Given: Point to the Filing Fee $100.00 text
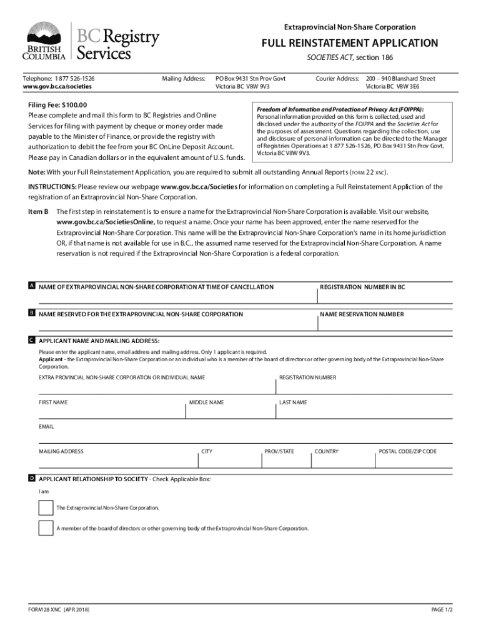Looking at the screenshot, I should [58, 105].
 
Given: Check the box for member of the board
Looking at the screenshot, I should [46, 528].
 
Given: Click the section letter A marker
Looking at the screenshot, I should [31, 286].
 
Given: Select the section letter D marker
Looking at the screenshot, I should [31, 478].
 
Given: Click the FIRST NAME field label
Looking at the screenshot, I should [53, 402].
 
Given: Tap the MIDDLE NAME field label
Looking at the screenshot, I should [206, 402].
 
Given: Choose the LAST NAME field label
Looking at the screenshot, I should [293, 402].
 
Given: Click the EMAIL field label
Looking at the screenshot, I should [46, 427].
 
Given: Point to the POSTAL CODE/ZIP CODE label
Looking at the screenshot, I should [408, 451].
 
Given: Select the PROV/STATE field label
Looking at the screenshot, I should [279, 451].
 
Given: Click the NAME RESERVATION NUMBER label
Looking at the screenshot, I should [362, 314].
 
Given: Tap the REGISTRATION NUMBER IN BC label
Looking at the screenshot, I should [362, 287].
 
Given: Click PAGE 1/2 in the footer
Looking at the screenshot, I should [442, 609].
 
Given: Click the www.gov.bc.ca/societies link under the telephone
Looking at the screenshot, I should [57, 87].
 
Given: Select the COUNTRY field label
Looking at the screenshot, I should [326, 451].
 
